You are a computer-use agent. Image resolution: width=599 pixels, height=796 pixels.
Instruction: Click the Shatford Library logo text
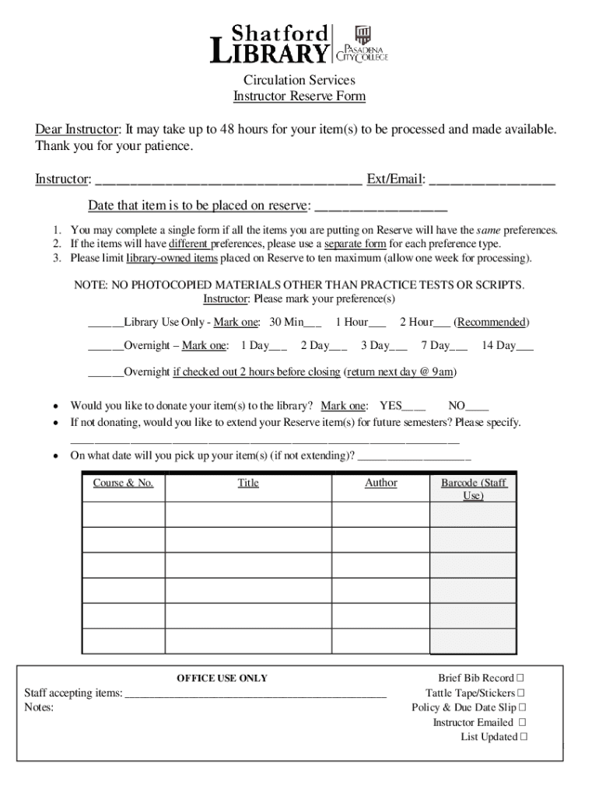pos(271,44)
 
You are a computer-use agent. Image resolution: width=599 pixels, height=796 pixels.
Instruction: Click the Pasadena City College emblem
pos(363,35)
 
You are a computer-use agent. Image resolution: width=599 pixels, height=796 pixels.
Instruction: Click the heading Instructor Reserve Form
pos(299,96)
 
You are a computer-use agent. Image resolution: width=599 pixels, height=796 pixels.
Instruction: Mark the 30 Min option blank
pos(313,323)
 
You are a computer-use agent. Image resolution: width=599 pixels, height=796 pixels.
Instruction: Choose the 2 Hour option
pos(441,323)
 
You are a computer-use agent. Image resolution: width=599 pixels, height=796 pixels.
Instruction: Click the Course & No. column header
pos(123,483)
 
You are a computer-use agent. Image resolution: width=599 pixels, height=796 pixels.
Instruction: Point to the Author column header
pos(380,483)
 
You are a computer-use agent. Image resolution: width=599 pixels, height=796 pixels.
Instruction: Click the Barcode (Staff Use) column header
pos(473,489)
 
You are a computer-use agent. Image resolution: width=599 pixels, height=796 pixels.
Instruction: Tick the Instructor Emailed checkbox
pos(522,723)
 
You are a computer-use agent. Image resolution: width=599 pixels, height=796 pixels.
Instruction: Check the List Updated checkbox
pos(523,737)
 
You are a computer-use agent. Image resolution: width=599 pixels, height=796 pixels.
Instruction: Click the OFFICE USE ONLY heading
pos(222,678)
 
